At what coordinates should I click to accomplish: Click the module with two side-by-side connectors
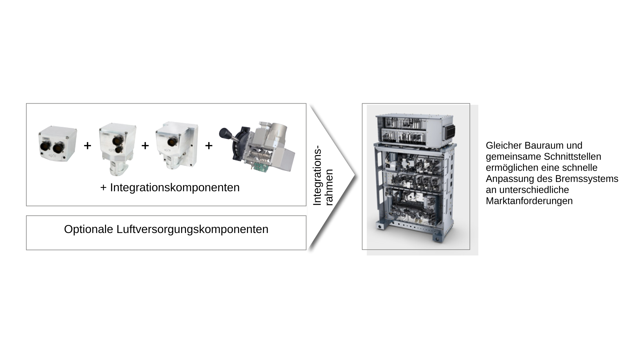tap(57, 144)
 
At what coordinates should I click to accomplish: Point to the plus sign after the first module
tap(87, 146)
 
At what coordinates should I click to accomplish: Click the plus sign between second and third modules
tap(145, 146)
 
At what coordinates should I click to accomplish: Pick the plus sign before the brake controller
tap(209, 146)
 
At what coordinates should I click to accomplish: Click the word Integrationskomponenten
tap(175, 188)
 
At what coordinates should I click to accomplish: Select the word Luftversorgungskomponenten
tap(192, 230)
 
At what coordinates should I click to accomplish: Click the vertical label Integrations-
tap(317, 175)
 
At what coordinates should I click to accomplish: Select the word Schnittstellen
tap(572, 157)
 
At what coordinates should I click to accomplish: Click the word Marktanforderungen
tap(529, 201)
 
